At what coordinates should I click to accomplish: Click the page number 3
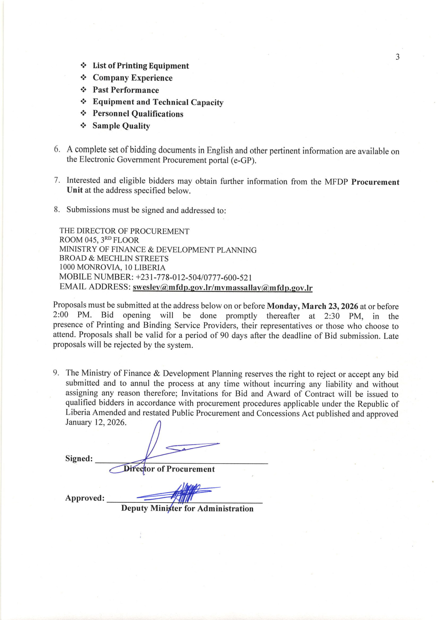pos(397,57)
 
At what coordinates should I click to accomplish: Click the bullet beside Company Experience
pos(84,78)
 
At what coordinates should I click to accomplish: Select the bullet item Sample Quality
pos(121,126)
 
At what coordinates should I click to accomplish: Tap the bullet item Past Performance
pos(126,90)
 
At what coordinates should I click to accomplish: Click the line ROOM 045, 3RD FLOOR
pos(99,240)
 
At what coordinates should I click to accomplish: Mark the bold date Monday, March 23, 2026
pos(312,306)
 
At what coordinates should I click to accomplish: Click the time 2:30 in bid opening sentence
pos(332,316)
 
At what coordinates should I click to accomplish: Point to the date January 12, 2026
pos(96,422)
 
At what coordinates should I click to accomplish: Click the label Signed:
pos(79,458)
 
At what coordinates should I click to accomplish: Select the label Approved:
pos(85,498)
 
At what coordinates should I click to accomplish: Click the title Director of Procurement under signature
pos(169,469)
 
